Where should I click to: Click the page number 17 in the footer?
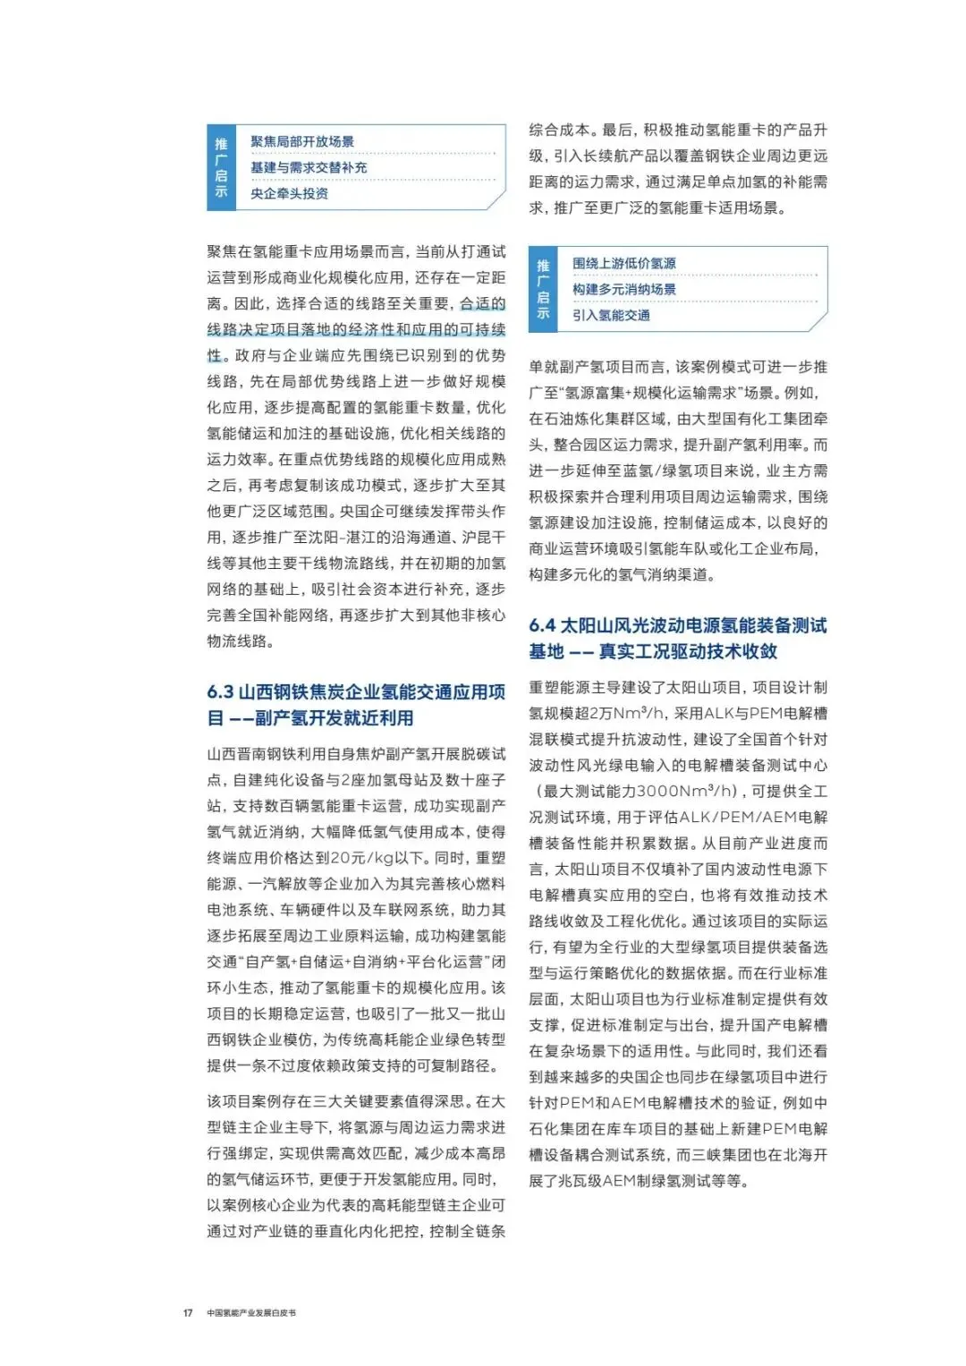point(188,1312)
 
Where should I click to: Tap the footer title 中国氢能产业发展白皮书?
point(251,1312)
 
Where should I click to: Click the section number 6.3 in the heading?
point(220,692)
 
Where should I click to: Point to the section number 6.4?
point(542,625)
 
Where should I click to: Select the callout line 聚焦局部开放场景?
point(302,141)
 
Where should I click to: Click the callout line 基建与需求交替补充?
point(309,167)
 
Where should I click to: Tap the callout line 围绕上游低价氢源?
point(624,263)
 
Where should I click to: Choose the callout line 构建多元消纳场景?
point(624,289)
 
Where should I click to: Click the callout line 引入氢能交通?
point(611,315)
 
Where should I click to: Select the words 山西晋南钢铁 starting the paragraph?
point(246,754)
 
